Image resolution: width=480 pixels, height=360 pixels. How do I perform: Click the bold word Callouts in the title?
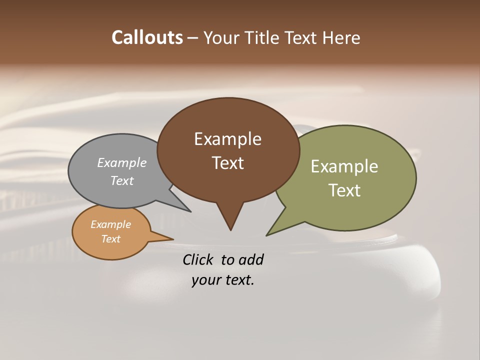(x=147, y=37)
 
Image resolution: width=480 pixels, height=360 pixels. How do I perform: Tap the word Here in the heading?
(x=341, y=37)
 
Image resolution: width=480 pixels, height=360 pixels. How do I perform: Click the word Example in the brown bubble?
(x=227, y=139)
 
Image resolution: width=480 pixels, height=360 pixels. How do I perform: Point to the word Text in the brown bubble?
(x=227, y=163)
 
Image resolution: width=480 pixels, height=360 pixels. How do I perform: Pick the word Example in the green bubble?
(x=344, y=166)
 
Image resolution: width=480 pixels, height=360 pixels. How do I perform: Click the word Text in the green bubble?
(x=344, y=190)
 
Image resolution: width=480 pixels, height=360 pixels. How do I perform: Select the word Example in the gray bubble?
(x=122, y=162)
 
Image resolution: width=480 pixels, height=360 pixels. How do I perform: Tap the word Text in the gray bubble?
(x=122, y=180)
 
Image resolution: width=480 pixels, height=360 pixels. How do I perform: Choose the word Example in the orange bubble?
(x=110, y=224)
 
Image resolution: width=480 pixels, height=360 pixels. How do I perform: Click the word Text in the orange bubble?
(x=110, y=239)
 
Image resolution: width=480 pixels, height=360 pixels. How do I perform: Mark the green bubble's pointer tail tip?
(x=267, y=235)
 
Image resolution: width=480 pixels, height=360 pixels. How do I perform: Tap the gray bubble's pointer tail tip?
(x=190, y=211)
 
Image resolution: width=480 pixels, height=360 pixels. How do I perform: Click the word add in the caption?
(x=251, y=259)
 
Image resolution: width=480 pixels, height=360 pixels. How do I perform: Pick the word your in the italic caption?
(x=204, y=280)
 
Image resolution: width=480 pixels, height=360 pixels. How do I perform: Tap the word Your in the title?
(x=220, y=37)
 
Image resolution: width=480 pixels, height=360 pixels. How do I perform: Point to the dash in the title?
(x=193, y=37)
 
